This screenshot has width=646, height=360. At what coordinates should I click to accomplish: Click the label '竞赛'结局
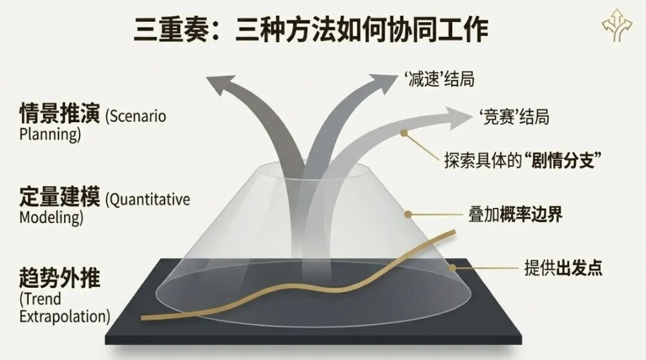pyautogui.click(x=514, y=117)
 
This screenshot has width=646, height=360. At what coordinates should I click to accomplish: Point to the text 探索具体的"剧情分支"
pyautogui.click(x=522, y=161)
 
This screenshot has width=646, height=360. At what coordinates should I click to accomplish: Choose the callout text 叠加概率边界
pyautogui.click(x=515, y=214)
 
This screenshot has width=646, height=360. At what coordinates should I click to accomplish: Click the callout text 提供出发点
pyautogui.click(x=563, y=267)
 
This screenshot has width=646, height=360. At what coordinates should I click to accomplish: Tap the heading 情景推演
pyautogui.click(x=60, y=114)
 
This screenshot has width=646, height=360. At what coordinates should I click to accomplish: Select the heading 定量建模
pyautogui.click(x=60, y=197)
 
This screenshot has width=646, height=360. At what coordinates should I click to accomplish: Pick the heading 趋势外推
pyautogui.click(x=60, y=279)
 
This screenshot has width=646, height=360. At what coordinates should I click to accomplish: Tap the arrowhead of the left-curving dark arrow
pyautogui.click(x=224, y=84)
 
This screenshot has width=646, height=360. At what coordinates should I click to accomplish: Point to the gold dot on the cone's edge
pyautogui.click(x=408, y=213)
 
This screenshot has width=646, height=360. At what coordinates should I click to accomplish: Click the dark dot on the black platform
pyautogui.click(x=452, y=268)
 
